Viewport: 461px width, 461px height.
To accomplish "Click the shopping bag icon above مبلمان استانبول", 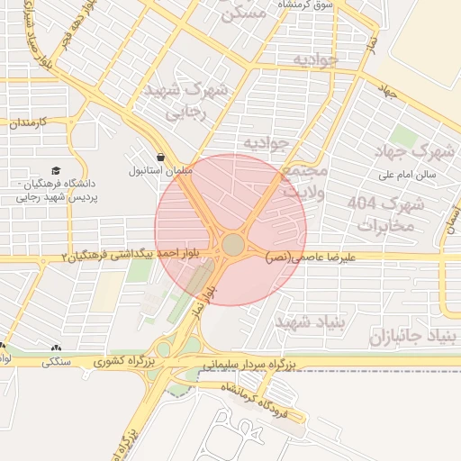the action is tap(160, 156).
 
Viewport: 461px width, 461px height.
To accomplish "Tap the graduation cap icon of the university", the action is tap(56, 170).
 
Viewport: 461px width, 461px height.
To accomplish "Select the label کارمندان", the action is tap(33, 122).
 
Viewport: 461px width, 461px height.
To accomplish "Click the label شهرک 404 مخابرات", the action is tap(385, 213).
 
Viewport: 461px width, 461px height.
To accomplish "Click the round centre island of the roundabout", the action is tap(233, 244).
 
